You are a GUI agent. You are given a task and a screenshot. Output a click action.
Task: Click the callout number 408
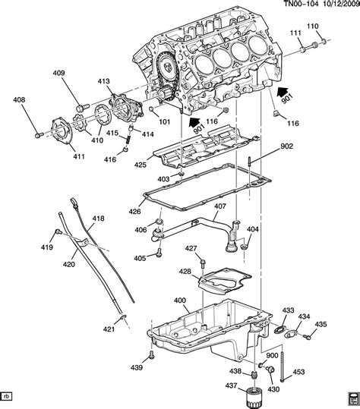pos(19,100)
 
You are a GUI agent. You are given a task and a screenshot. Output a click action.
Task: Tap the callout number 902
pos(286,146)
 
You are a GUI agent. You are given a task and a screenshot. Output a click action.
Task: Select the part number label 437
pos(232,385)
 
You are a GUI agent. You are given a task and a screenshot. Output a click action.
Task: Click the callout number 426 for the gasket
pos(134,211)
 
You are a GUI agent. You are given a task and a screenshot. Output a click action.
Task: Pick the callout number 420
pos(69,265)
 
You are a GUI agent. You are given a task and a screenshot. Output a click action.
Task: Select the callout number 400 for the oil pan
pos(180,300)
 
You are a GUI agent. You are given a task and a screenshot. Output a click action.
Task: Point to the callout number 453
pos(298,372)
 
